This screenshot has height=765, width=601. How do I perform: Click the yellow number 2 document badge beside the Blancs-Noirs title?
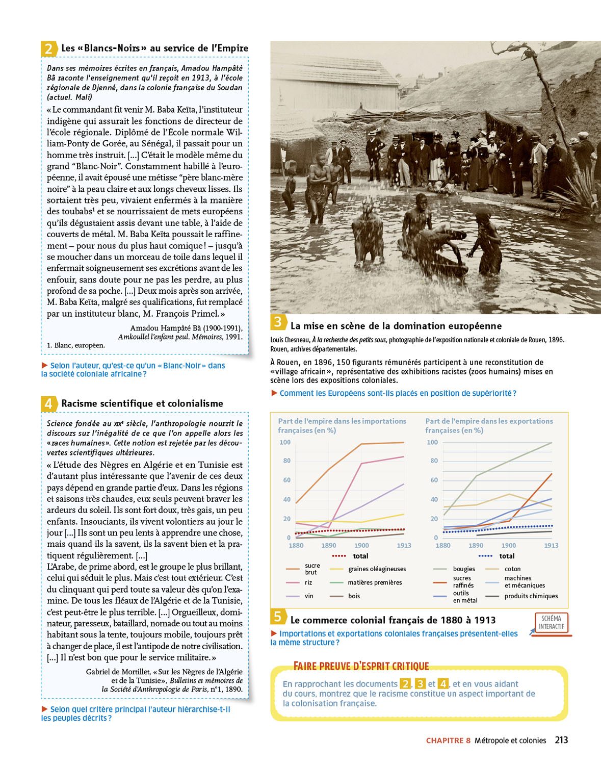click(48, 49)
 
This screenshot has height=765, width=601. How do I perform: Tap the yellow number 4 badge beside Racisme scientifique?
click(48, 404)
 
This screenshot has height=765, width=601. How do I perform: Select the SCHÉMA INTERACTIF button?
click(551, 622)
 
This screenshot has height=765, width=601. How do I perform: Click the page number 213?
click(561, 740)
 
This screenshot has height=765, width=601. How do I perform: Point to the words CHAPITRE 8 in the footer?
click(448, 741)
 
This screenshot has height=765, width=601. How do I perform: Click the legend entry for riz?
click(308, 582)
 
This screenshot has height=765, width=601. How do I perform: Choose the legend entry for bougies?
click(463, 569)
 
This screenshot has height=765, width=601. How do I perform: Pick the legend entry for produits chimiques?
click(531, 596)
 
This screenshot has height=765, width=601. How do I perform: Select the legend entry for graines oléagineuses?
click(377, 569)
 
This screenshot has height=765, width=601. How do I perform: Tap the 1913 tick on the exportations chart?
click(551, 546)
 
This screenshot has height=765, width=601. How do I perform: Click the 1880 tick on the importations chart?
click(296, 546)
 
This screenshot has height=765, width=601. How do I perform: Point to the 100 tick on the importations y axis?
click(285, 442)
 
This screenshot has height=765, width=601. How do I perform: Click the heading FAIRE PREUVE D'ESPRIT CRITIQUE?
click(361, 666)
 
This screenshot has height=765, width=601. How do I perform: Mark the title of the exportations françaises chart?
click(489, 425)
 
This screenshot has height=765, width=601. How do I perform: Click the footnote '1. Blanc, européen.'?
click(76, 345)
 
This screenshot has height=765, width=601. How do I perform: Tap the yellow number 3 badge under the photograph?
click(278, 322)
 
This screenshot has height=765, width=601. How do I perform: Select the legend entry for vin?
click(309, 596)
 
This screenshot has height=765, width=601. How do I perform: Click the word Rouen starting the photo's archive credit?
click(279, 349)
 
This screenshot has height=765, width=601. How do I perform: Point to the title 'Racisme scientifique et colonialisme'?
click(142, 403)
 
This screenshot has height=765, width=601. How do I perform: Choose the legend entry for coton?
click(512, 569)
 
